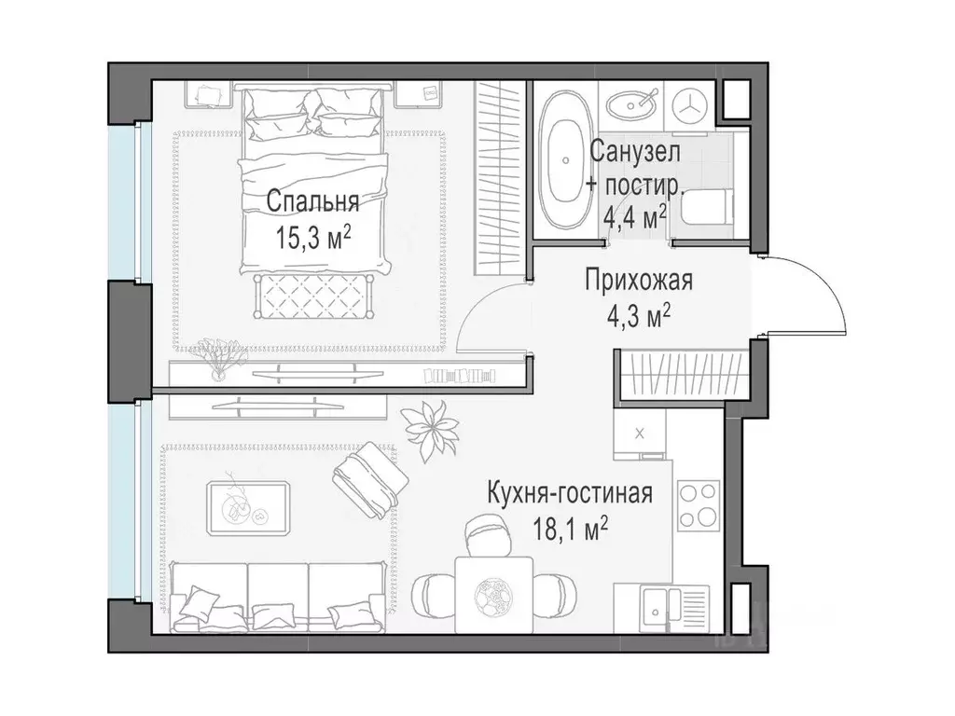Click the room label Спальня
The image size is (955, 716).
click(x=312, y=200)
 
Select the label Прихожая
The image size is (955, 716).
click(x=639, y=280)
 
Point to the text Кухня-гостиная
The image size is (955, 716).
click(x=568, y=493)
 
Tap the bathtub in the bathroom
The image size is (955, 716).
click(x=566, y=158)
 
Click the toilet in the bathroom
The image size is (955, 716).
click(x=705, y=208)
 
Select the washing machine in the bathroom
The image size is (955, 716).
click(x=692, y=103)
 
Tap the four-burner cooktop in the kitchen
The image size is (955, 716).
click(x=698, y=504)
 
